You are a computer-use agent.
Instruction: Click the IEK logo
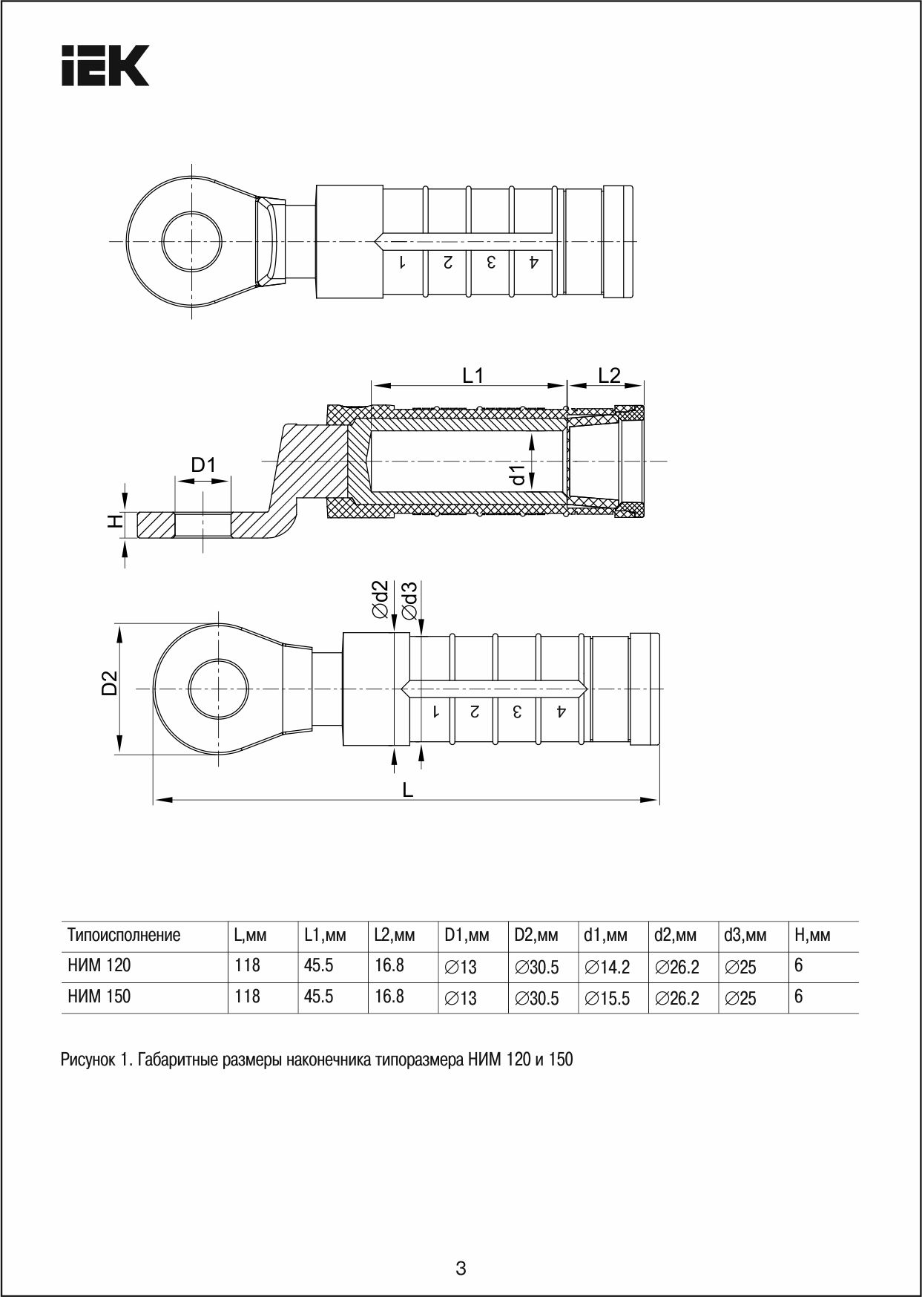pos(105,65)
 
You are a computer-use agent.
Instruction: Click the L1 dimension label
pos(472,375)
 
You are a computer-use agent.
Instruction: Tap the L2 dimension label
pos(609,375)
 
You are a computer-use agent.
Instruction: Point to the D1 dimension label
pos(202,465)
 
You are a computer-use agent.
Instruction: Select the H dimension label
pos(114,522)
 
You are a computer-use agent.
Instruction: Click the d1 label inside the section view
pos(518,473)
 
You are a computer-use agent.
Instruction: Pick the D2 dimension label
pos(110,683)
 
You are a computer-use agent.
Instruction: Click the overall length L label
pos(407,789)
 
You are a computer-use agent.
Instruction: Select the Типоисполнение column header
pos(124,935)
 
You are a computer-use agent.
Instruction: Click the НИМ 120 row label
pos(99,965)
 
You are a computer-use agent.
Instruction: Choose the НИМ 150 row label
pos(99,996)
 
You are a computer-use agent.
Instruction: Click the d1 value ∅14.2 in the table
pos(607,967)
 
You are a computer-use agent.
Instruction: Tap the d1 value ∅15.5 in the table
pos(607,998)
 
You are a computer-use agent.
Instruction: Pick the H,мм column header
pos(811,935)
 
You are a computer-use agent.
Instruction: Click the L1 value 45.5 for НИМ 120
pos(318,965)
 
